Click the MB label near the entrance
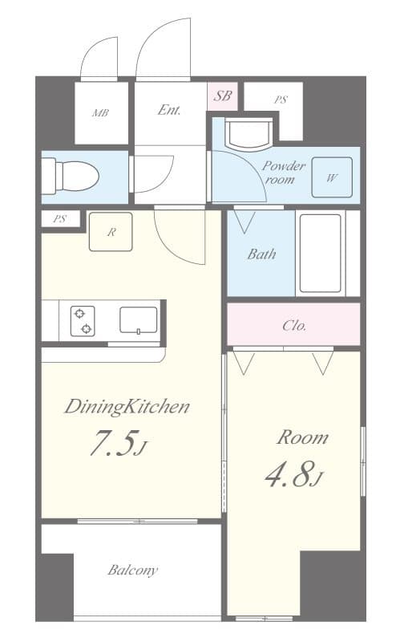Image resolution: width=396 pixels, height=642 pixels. pyautogui.click(x=100, y=112)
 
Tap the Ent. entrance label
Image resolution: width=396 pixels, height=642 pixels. pyautogui.click(x=169, y=111)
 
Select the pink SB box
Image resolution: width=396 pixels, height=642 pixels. pyautogui.click(x=222, y=98)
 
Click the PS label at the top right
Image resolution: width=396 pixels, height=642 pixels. pyautogui.click(x=280, y=100)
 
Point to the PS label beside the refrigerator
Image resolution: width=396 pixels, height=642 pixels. pyautogui.click(x=60, y=218)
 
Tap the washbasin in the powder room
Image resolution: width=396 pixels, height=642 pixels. pyautogui.click(x=249, y=133)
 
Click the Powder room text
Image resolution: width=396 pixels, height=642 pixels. pyautogui.click(x=284, y=173)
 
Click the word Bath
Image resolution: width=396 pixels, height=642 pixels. pyautogui.click(x=261, y=254)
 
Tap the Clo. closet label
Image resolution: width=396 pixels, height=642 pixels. pyautogui.click(x=293, y=325)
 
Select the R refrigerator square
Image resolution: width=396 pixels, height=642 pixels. pyautogui.click(x=111, y=232)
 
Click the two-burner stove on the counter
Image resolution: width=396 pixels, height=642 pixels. pyautogui.click(x=83, y=320)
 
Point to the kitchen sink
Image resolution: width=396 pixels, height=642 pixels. pyautogui.click(x=138, y=319)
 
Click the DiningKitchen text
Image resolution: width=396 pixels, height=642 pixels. pyautogui.click(x=127, y=407)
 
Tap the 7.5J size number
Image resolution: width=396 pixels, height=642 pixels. pyautogui.click(x=116, y=446)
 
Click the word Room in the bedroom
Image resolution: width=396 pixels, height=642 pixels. pyautogui.click(x=301, y=438)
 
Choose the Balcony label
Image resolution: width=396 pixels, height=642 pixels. pyautogui.click(x=132, y=571)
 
